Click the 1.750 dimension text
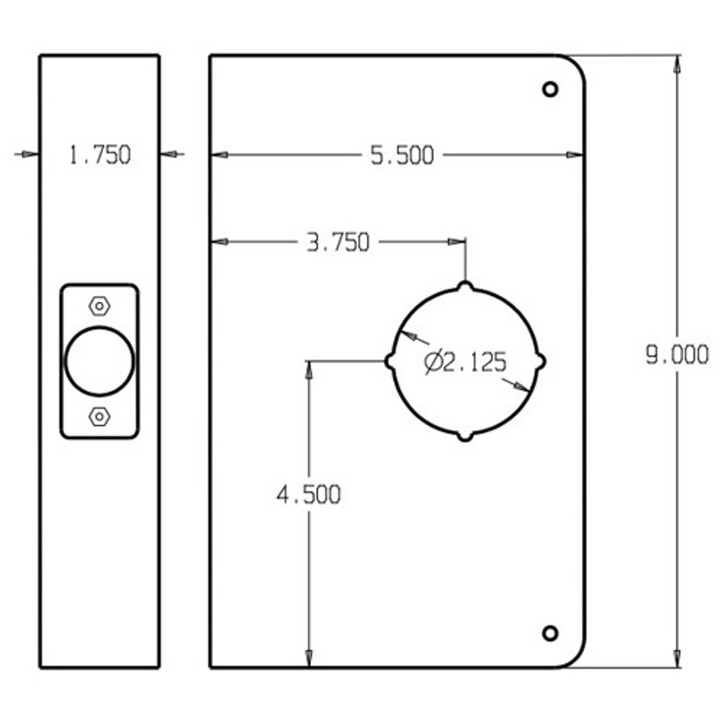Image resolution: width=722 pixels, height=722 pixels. tap(100, 155)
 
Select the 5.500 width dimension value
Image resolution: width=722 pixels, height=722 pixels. tap(402, 155)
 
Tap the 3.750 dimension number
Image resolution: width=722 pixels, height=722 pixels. tap(338, 243)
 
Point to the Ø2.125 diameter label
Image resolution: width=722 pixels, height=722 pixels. tap(465, 362)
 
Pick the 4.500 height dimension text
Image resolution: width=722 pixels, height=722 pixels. tap(309, 495)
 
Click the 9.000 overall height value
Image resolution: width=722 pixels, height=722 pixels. tap(677, 355)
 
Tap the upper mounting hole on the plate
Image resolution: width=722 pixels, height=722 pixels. tap(550, 89)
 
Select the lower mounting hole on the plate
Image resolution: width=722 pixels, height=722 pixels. tap(550, 633)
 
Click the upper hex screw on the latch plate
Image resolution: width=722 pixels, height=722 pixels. tap(99, 306)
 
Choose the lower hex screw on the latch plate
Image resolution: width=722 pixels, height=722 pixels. tap(99, 417)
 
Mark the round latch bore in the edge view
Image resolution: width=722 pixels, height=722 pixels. tap(99, 361)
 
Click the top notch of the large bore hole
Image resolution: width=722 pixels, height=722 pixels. tap(465, 286)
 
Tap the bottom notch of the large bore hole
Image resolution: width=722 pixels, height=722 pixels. tap(465, 437)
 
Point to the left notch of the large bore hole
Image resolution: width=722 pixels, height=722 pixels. tap(389, 361)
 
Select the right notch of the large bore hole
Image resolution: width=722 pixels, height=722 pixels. tap(541, 361)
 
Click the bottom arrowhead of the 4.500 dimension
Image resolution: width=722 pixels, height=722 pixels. tap(309, 659)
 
